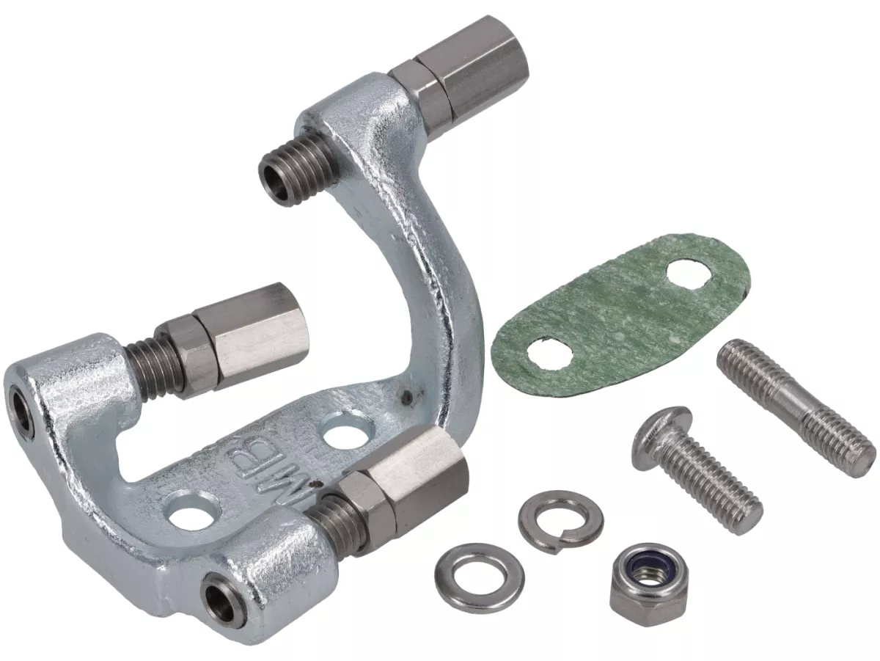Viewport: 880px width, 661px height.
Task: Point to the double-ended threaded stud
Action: [x=796, y=407]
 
